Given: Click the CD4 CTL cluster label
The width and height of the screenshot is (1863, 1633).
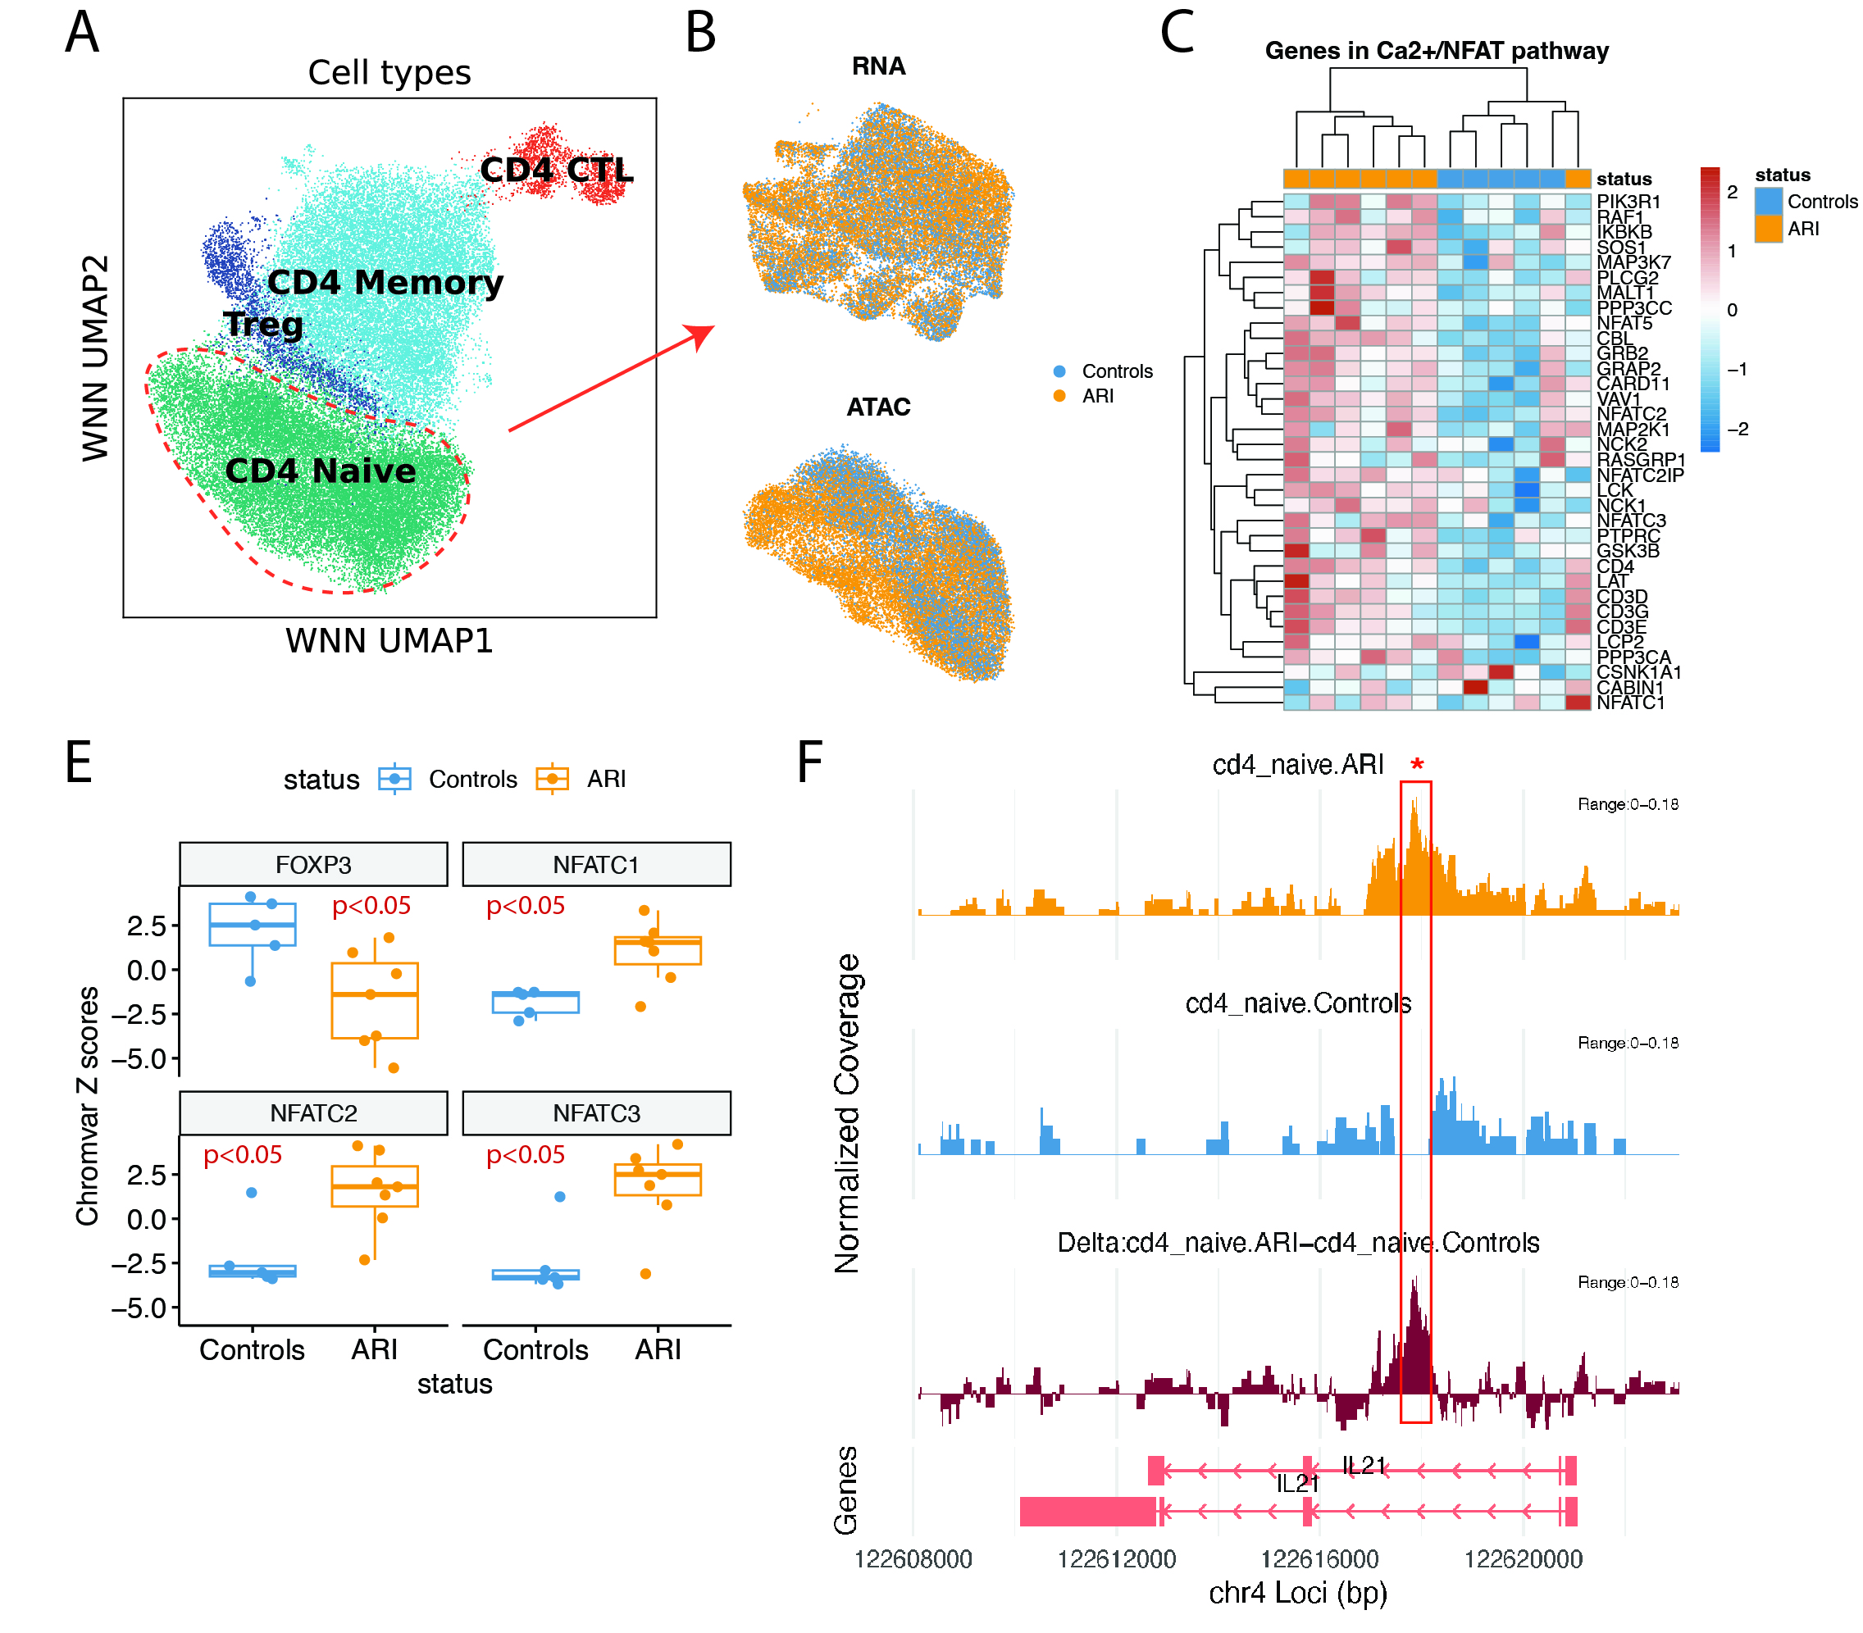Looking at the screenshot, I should (556, 170).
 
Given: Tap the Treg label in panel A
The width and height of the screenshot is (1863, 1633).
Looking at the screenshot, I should (263, 325).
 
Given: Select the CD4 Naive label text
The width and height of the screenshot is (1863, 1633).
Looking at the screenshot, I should (320, 471).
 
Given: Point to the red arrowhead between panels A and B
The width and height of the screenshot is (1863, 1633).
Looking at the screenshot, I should (702, 334).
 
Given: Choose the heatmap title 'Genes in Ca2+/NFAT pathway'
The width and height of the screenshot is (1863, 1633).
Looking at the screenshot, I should (1437, 51).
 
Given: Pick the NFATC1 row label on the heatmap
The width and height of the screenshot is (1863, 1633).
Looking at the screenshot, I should (1631, 703).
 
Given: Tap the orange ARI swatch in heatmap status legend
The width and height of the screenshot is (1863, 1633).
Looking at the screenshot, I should (1768, 229).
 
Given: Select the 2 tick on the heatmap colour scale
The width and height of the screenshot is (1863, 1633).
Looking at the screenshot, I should (1732, 193).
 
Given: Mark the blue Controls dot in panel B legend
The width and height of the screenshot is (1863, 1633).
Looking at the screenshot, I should (1059, 372).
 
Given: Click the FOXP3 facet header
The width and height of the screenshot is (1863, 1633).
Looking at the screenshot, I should (313, 864).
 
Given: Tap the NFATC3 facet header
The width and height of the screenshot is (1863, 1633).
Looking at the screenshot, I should (596, 1112).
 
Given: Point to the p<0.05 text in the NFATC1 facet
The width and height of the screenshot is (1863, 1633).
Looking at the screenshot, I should (525, 906).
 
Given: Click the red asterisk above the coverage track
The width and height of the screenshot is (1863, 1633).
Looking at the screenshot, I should (1416, 766).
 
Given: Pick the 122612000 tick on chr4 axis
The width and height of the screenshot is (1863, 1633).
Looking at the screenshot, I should (1117, 1559).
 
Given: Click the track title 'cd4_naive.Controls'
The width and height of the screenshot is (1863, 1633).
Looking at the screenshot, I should (1298, 1003).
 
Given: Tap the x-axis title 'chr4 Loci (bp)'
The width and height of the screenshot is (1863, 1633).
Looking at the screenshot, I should (1298, 1593).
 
